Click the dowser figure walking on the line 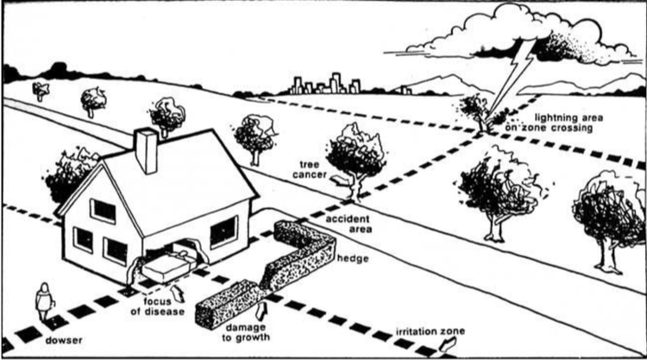(x=42, y=301)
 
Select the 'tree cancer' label (x=310, y=167)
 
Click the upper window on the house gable (x=104, y=211)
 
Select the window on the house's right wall (x=223, y=231)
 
